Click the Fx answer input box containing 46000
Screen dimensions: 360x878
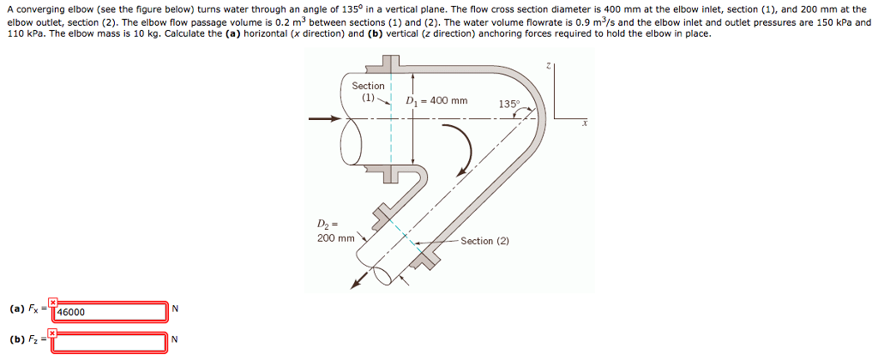(x=110, y=312)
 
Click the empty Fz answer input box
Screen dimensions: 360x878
(x=110, y=342)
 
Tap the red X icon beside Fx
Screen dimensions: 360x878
(x=53, y=302)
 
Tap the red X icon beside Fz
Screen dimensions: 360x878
(x=53, y=333)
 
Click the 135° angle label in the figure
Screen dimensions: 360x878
(x=508, y=105)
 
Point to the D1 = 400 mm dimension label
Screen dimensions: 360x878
(x=436, y=101)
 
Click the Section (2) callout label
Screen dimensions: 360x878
(x=484, y=241)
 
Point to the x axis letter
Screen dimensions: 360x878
(x=584, y=123)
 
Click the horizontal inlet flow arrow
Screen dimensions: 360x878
(x=331, y=118)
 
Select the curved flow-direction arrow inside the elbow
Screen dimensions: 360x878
(x=463, y=150)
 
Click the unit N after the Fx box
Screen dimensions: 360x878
(x=175, y=309)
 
